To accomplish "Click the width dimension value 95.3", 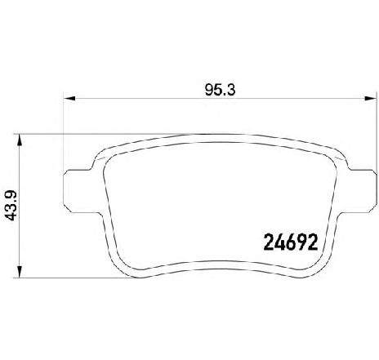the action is [220, 90].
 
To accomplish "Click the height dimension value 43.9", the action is [11, 206].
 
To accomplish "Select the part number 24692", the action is [291, 242].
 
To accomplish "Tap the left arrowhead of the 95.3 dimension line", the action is [69, 99].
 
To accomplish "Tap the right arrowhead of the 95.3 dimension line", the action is [371, 99].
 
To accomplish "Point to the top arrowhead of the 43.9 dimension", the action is [19, 140].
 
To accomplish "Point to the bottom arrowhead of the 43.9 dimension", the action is [19, 272].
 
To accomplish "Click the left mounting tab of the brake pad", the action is [79, 191].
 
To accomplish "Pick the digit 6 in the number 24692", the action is [291, 242].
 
